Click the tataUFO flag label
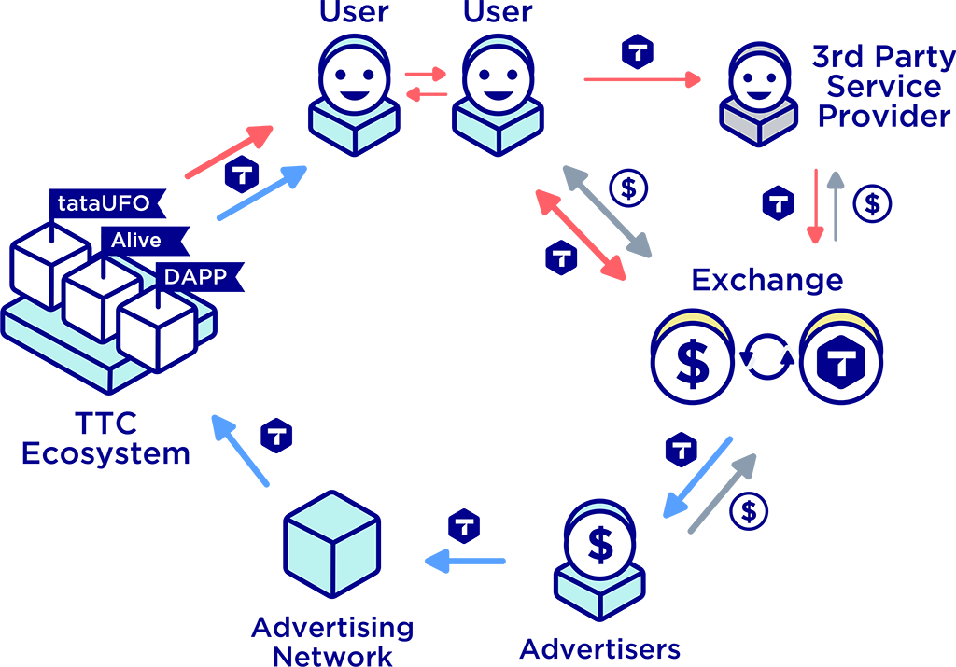click(x=103, y=201)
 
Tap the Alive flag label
click(x=138, y=240)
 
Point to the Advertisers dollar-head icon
click(x=600, y=554)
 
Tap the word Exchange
click(x=766, y=280)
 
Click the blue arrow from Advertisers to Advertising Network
click(x=465, y=562)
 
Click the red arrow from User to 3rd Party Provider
click(x=642, y=80)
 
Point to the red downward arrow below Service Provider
click(x=817, y=207)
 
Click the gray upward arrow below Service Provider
click(x=836, y=205)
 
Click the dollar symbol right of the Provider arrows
click(x=873, y=203)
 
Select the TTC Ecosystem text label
click(x=105, y=438)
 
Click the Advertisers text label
click(x=599, y=648)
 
